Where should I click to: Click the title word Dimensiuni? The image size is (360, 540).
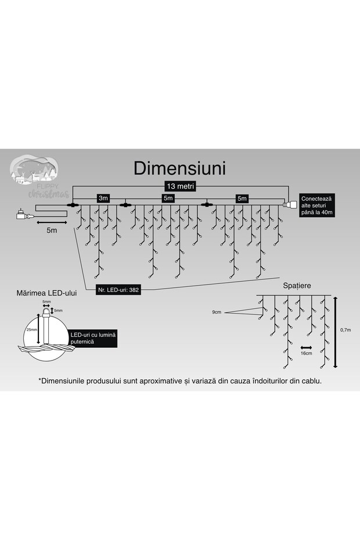179,168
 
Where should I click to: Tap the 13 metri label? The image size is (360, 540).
180,186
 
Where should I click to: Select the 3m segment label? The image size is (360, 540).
103,199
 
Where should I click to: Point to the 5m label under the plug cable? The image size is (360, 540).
52,231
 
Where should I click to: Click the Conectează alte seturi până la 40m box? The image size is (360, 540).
316,206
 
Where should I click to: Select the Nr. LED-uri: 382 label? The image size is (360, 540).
118,289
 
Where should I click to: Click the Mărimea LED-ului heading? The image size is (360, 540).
48,293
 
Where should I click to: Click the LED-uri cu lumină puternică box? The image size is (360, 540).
93,339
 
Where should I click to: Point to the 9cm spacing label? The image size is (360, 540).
217,312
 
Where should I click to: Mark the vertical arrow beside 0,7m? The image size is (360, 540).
336,332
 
